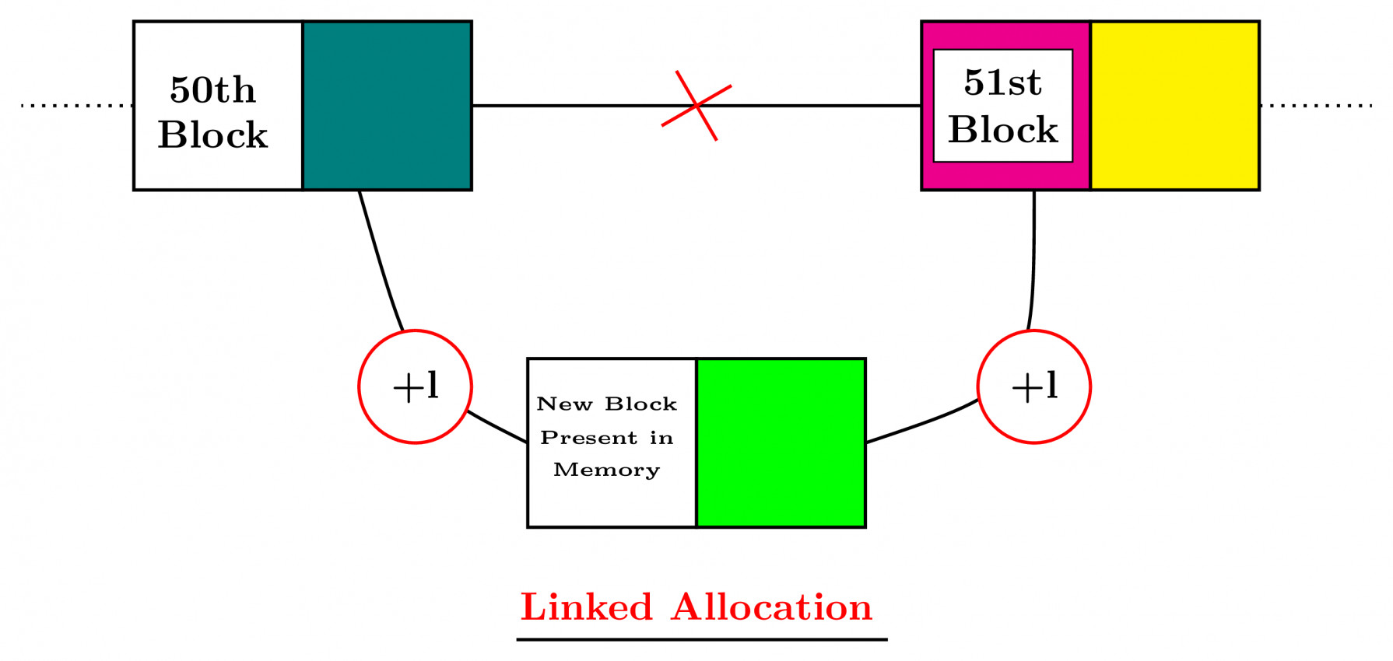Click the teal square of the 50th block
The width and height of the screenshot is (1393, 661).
[387, 106]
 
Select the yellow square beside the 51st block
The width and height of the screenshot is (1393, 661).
[1174, 106]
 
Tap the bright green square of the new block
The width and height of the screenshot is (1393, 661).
[781, 442]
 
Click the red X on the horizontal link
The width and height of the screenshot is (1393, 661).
[696, 106]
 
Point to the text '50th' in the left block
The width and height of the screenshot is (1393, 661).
[212, 90]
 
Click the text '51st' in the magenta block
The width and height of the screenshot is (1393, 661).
[1002, 82]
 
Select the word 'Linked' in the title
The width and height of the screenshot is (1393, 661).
[586, 607]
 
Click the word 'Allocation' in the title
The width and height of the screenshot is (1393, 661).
[772, 607]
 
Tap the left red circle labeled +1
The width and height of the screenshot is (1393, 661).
[415, 386]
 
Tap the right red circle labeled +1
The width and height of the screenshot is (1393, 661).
[1033, 386]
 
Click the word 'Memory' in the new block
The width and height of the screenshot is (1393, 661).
[606, 470]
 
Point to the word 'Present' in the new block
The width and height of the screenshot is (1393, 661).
[588, 438]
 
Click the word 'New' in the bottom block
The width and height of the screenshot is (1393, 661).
[564, 404]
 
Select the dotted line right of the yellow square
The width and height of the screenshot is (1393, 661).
[1316, 106]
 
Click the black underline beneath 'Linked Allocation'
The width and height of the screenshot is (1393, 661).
[701, 639]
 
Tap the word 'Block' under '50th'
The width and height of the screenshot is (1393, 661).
[212, 135]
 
